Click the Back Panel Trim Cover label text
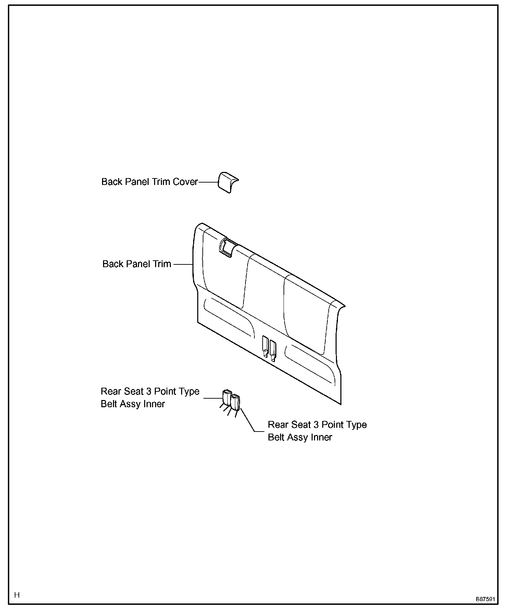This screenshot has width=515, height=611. click(149, 182)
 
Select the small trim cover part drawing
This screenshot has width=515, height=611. click(228, 182)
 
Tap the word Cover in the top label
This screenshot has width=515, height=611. click(185, 182)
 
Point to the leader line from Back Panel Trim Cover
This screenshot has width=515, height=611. click(208, 182)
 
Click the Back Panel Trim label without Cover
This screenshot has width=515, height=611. click(137, 264)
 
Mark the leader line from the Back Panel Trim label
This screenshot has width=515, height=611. click(183, 264)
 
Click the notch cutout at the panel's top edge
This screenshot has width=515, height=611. click(226, 247)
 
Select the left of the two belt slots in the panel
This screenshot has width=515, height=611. click(265, 346)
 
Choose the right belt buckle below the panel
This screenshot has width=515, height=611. click(236, 402)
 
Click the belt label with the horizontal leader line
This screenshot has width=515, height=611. click(150, 398)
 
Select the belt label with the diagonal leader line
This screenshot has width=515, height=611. click(317, 431)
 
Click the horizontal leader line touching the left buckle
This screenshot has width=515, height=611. click(213, 398)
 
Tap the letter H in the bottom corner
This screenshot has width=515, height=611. click(17, 595)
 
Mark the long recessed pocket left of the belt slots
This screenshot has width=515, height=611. click(229, 317)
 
